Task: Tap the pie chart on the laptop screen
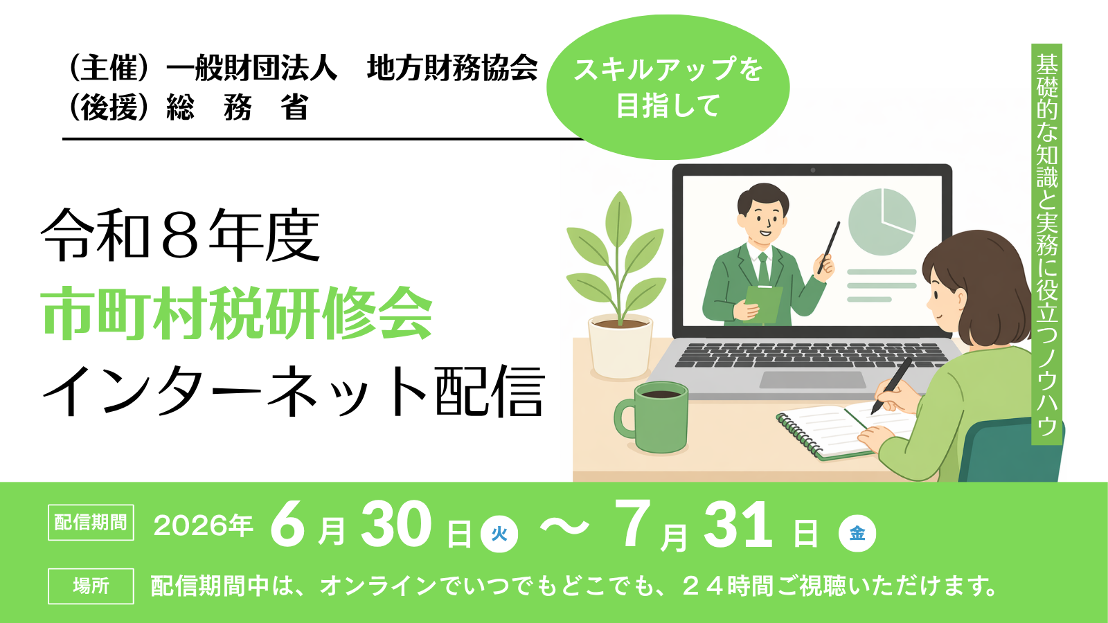(882, 222)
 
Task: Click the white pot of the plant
(620, 347)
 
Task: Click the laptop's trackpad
(812, 380)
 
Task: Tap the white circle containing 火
(499, 534)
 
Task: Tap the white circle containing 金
(857, 534)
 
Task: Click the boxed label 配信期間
(91, 522)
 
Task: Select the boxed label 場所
(91, 586)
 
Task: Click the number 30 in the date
(395, 524)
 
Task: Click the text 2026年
(204, 525)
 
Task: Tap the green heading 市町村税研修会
(237, 314)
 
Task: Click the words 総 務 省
(238, 107)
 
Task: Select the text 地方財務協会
(452, 67)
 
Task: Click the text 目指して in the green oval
(668, 106)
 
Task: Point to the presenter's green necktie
(763, 269)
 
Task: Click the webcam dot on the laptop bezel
(813, 170)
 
